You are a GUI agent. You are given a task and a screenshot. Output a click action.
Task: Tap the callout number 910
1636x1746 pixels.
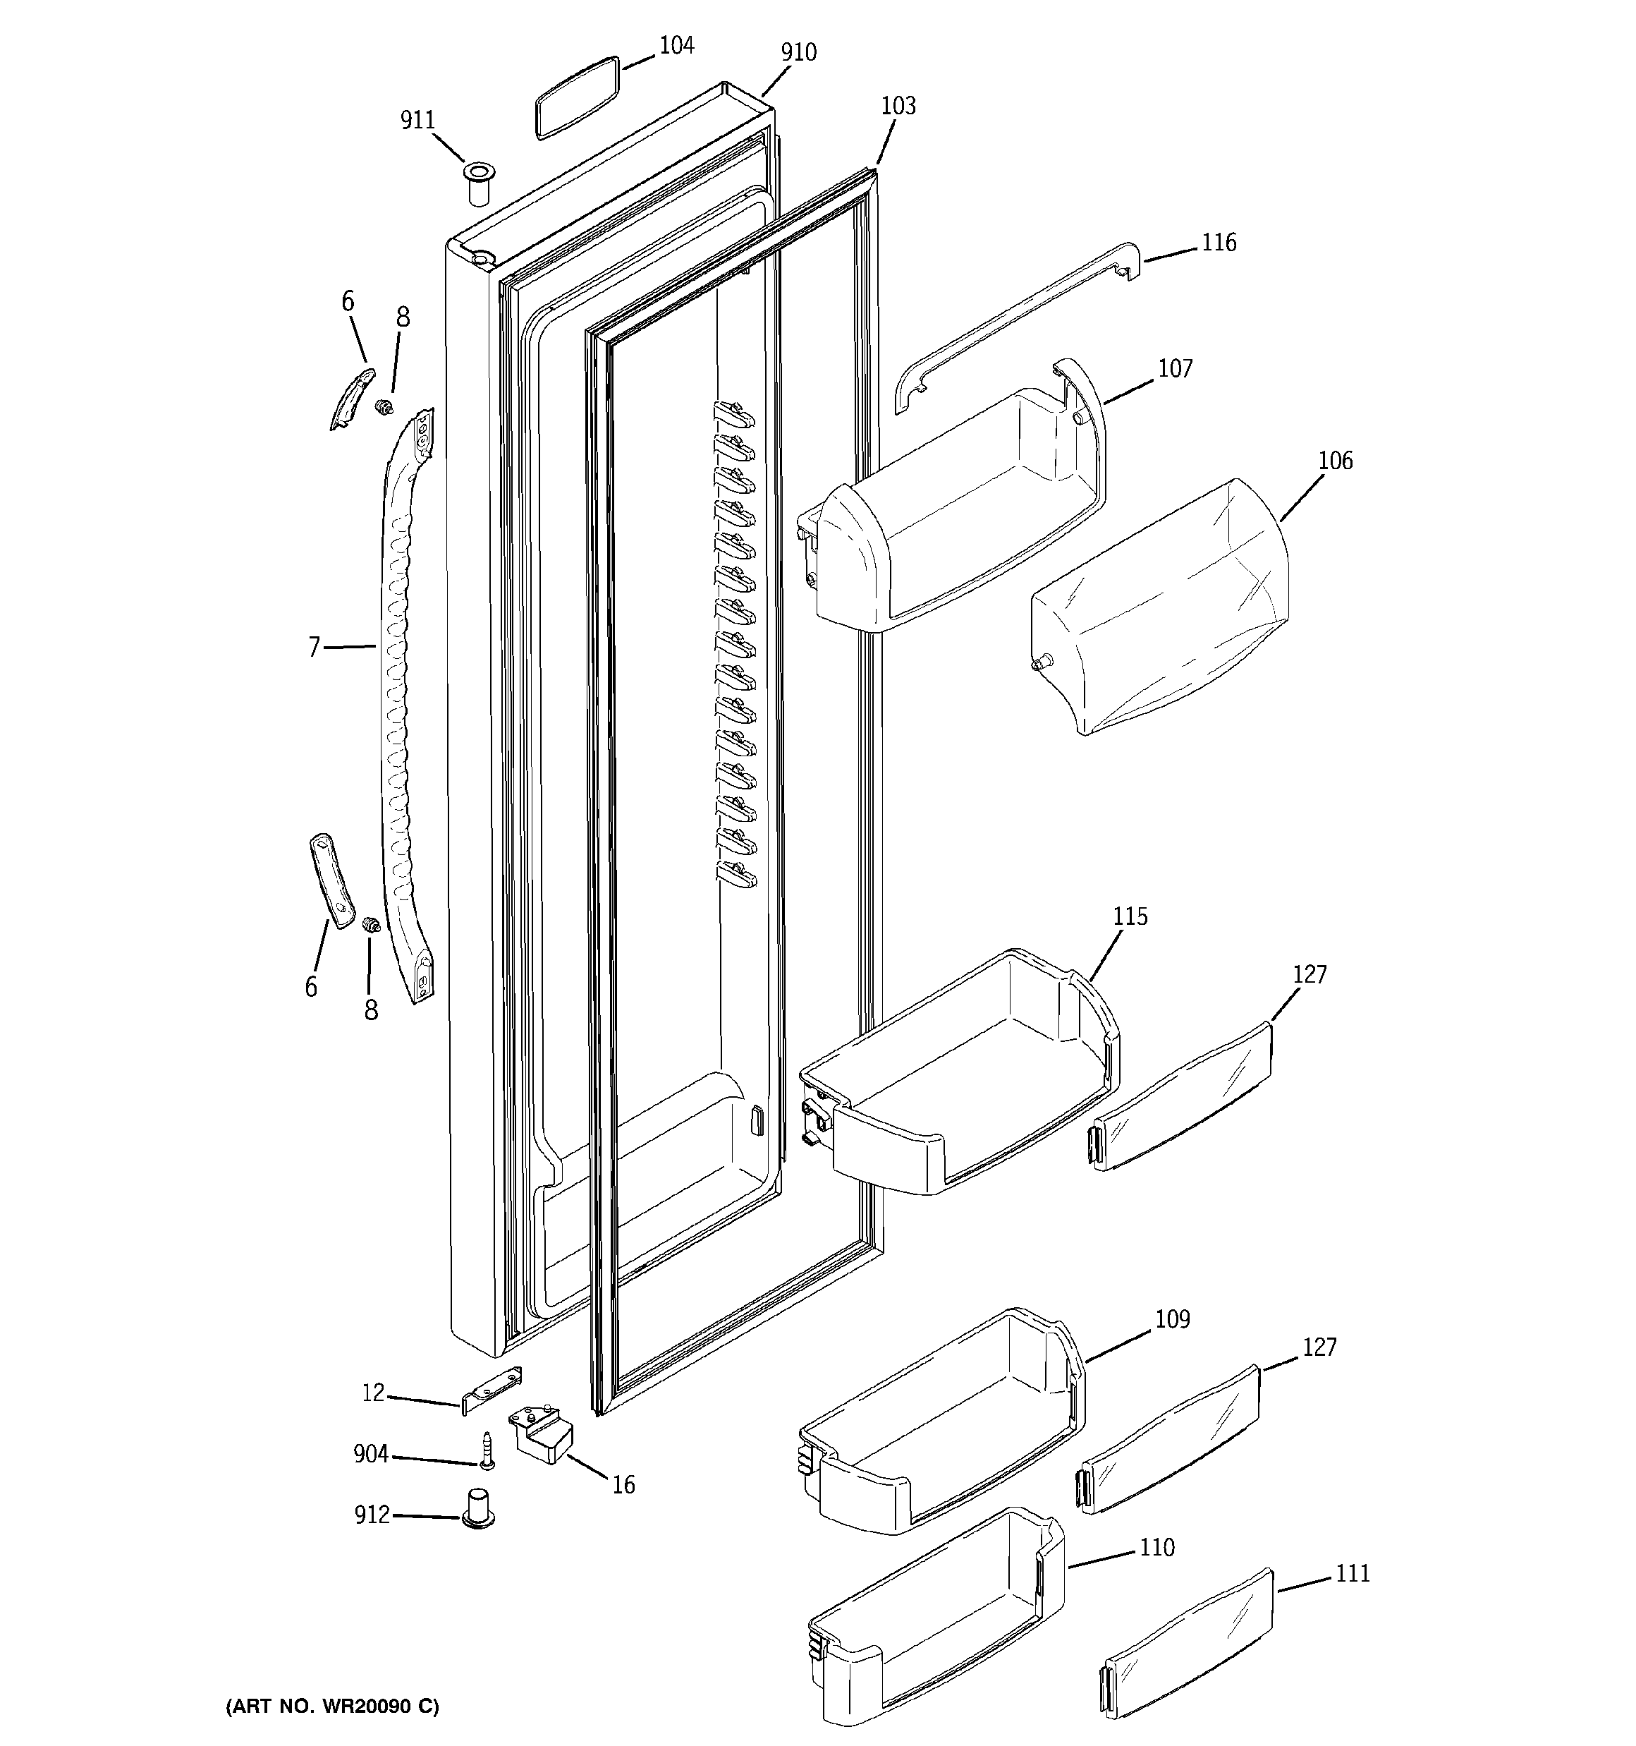[798, 53]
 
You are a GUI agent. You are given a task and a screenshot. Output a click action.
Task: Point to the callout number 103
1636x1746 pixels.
[898, 107]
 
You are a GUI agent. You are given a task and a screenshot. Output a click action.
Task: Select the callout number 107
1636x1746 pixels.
[1175, 369]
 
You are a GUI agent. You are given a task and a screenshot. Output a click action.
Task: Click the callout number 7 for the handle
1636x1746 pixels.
[314, 648]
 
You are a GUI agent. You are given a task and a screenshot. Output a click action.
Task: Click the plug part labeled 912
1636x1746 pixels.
[477, 1509]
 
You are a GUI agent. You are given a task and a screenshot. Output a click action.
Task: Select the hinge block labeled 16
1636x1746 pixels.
[540, 1435]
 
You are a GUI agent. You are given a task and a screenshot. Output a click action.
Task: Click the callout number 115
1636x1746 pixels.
[1130, 917]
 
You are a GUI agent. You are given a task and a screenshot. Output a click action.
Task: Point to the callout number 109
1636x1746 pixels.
[1172, 1320]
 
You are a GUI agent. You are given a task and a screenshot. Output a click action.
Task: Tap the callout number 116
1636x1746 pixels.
[1219, 243]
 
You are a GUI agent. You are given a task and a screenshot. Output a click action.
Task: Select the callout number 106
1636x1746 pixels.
[1336, 460]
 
